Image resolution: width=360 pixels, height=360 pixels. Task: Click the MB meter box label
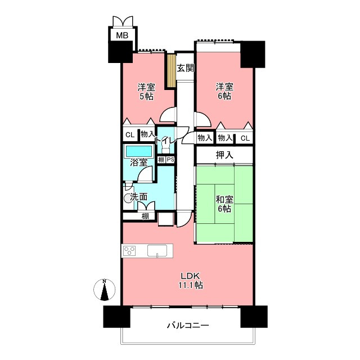[122, 35]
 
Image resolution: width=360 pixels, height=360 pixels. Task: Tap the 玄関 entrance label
[186, 68]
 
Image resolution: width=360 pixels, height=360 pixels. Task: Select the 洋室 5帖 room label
[146, 92]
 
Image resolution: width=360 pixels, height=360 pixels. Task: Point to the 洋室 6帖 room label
[224, 92]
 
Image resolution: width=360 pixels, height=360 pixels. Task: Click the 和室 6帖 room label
[224, 204]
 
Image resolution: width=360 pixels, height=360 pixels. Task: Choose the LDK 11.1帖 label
[191, 281]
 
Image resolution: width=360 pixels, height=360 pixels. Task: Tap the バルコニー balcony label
[188, 325]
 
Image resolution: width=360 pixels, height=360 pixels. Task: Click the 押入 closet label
[224, 155]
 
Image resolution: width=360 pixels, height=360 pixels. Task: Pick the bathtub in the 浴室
[138, 151]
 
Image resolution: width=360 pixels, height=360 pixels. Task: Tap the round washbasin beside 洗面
[127, 198]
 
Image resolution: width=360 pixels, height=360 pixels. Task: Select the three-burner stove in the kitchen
[130, 250]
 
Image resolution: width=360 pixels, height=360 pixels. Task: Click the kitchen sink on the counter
[157, 251]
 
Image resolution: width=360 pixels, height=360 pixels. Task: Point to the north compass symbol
[105, 290]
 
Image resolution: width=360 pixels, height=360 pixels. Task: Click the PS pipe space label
[170, 160]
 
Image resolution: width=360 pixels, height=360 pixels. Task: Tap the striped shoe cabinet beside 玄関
[171, 71]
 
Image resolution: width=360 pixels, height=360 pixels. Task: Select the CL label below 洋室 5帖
[130, 135]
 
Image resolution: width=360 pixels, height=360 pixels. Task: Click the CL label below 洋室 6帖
[245, 138]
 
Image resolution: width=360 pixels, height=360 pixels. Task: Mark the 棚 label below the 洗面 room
[145, 216]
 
